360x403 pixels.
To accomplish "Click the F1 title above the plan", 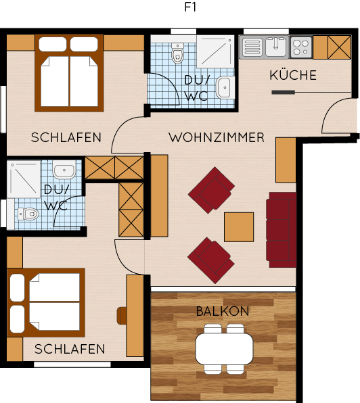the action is point(190,7).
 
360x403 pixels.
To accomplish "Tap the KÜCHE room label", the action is point(293,75).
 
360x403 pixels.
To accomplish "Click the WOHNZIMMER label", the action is point(217,137).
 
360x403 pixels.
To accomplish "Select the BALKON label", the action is point(223,311).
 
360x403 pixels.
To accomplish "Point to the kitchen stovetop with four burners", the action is point(301,47).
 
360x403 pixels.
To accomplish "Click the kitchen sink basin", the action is point(275,47).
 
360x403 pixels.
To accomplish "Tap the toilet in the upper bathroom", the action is point(177,53).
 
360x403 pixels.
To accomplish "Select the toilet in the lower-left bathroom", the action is point(28,214).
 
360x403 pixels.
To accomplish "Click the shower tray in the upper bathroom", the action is point(215,51).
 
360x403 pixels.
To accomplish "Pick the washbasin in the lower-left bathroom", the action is point(64,169).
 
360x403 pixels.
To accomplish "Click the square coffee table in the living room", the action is point(239,227).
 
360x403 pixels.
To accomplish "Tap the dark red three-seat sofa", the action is point(282,230).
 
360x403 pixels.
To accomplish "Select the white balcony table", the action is point(224,349).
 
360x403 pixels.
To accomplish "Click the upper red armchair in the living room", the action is point(211,190).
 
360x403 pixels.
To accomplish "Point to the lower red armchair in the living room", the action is point(211,260).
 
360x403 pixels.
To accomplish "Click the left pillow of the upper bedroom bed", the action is point(53,44).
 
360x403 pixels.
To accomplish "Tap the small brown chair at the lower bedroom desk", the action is point(122,316).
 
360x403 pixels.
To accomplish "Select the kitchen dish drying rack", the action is point(251,47).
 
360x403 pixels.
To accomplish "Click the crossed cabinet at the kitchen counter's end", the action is point(340,47).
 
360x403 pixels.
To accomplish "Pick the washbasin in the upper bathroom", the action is point(225,88).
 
